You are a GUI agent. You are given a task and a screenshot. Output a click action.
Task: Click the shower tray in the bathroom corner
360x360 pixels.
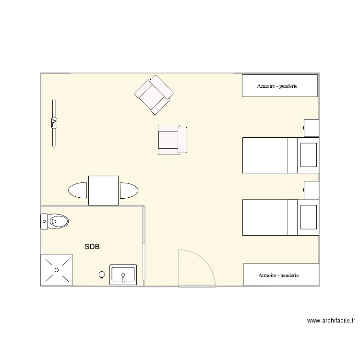coord(57,270)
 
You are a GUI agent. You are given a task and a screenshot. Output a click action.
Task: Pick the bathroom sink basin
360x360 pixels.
coord(123,275)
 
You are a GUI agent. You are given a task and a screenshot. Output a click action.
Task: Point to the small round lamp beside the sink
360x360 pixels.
coord(102,275)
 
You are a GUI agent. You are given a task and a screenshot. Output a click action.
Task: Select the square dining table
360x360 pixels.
coord(103,191)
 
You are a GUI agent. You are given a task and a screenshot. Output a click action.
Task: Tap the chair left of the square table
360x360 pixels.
coord(78,191)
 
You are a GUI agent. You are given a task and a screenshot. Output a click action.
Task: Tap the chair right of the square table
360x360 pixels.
coord(129,191)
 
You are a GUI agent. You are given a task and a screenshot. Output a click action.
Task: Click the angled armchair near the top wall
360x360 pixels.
coord(154,95)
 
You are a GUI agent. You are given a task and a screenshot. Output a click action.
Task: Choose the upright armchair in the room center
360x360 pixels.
coord(172,140)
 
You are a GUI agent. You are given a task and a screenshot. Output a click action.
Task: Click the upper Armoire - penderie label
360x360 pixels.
coord(277,86)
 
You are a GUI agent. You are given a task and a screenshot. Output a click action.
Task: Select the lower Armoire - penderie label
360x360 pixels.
coord(278,275)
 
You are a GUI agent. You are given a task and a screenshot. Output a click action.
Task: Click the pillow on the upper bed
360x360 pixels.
coord(308,155)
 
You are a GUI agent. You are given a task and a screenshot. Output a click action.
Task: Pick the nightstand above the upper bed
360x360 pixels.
coord(312,128)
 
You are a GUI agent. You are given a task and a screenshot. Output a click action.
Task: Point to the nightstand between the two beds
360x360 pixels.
coord(312,190)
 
